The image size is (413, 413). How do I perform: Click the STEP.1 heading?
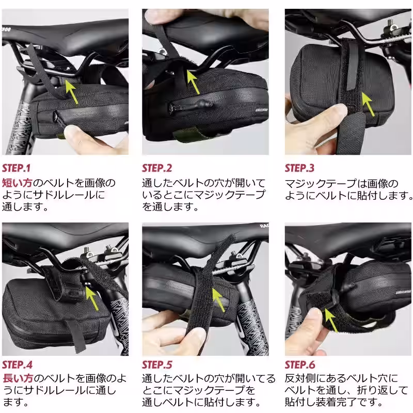coord(17,168)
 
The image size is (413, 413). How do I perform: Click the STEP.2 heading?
coord(157,168)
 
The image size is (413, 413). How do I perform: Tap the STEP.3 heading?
coord(300,168)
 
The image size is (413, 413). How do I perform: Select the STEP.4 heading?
coord(18,365)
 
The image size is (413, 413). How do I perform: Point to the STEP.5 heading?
coord(157,365)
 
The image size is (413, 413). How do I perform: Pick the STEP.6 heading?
coord(300,365)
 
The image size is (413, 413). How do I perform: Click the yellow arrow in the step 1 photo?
coord(71,91)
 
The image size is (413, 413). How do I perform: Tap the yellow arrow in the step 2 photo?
coord(193,82)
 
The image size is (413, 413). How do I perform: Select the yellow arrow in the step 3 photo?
coord(368,104)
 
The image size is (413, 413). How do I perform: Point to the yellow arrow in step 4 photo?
coord(92,298)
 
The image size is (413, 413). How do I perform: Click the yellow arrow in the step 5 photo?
coord(218,300)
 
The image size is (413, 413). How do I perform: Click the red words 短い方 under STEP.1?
coord(17,183)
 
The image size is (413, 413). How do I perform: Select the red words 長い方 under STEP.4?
coord(18,378)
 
